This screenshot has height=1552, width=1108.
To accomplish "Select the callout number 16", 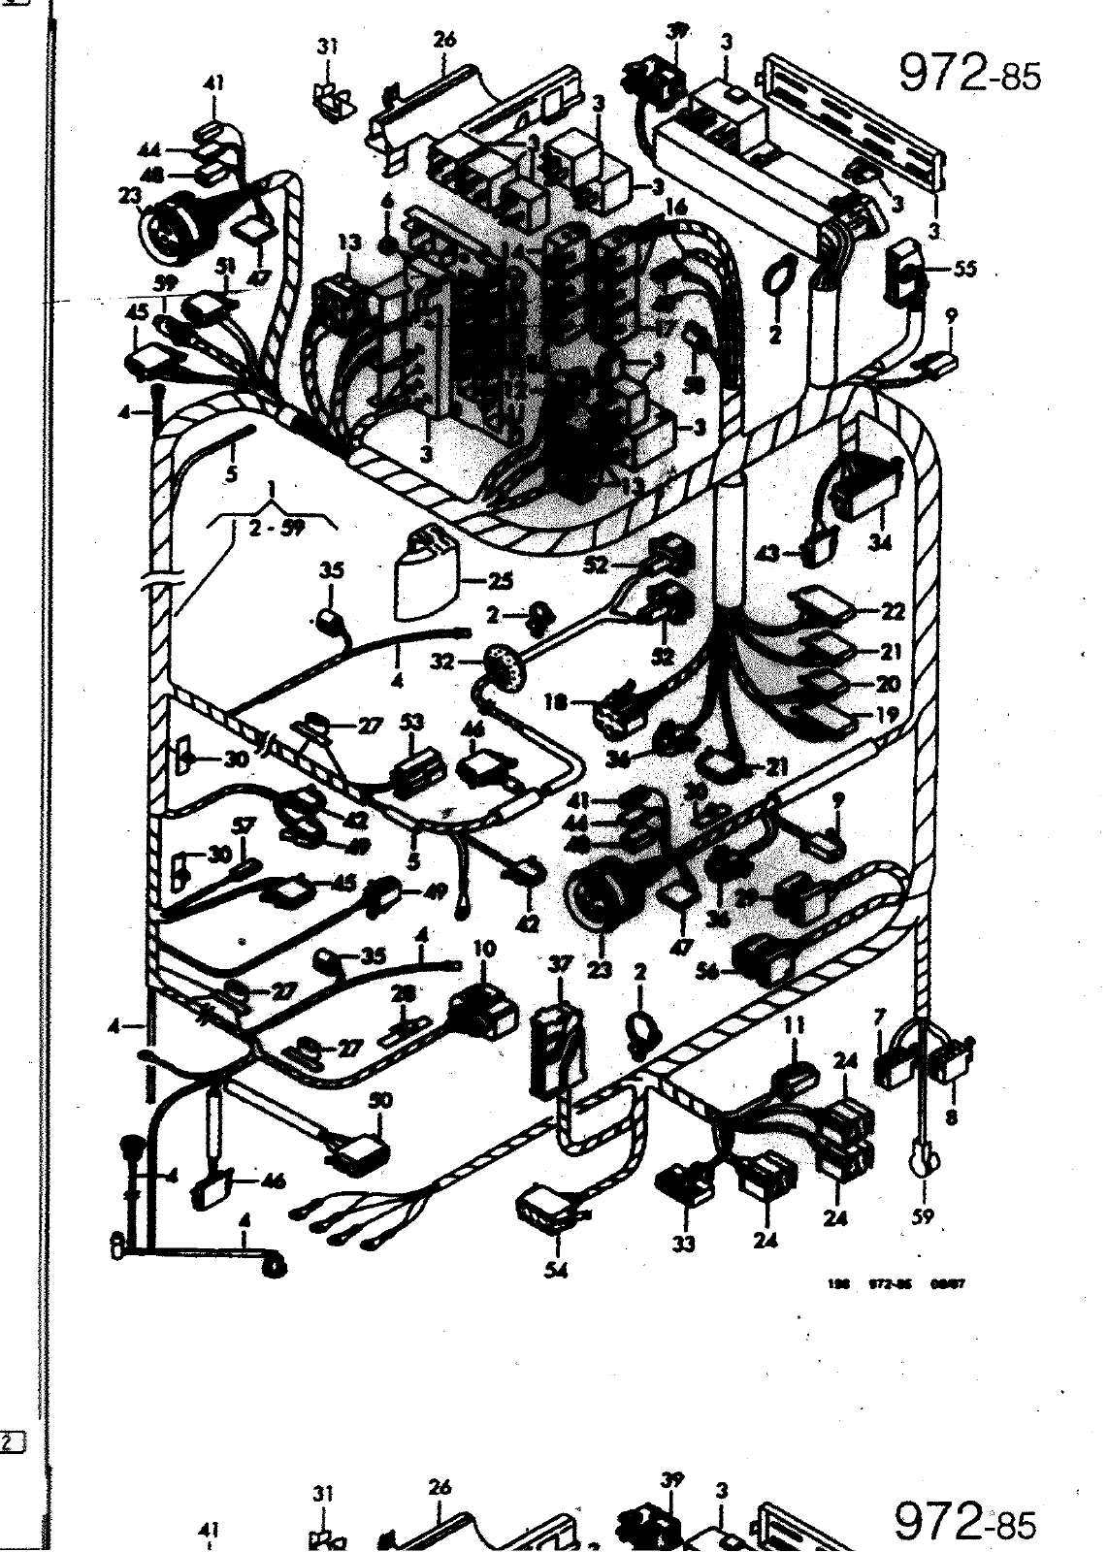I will click(x=675, y=208).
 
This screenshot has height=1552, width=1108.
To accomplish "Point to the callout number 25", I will click(x=501, y=583).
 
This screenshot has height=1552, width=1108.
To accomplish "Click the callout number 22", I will click(x=894, y=611).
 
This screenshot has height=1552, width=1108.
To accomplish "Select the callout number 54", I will click(x=556, y=1271).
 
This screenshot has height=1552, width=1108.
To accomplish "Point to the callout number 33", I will click(x=686, y=1244).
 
